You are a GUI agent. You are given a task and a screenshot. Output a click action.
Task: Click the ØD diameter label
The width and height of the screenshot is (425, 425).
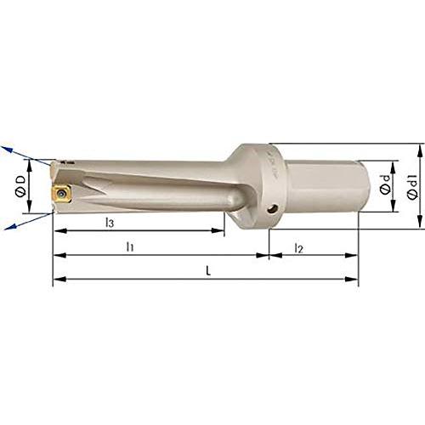point(20,186)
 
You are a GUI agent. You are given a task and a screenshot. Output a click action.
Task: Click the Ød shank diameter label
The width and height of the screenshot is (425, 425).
point(385,184)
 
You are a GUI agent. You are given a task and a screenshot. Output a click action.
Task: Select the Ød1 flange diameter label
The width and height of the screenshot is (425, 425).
point(412,186)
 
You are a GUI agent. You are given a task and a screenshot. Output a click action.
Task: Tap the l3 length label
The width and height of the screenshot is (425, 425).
point(110,223)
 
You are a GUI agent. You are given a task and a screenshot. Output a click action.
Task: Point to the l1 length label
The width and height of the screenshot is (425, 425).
point(130,246)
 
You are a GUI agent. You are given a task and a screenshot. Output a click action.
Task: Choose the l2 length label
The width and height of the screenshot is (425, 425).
point(298,248)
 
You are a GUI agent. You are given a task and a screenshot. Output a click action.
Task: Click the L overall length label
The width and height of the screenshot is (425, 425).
point(208,271)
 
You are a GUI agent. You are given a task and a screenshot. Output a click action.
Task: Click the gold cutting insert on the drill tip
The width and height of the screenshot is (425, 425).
point(61,194)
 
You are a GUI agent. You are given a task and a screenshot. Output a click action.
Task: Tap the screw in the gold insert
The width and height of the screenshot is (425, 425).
point(60,194)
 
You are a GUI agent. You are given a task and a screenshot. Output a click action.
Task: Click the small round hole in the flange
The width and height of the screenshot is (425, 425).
point(273,209)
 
